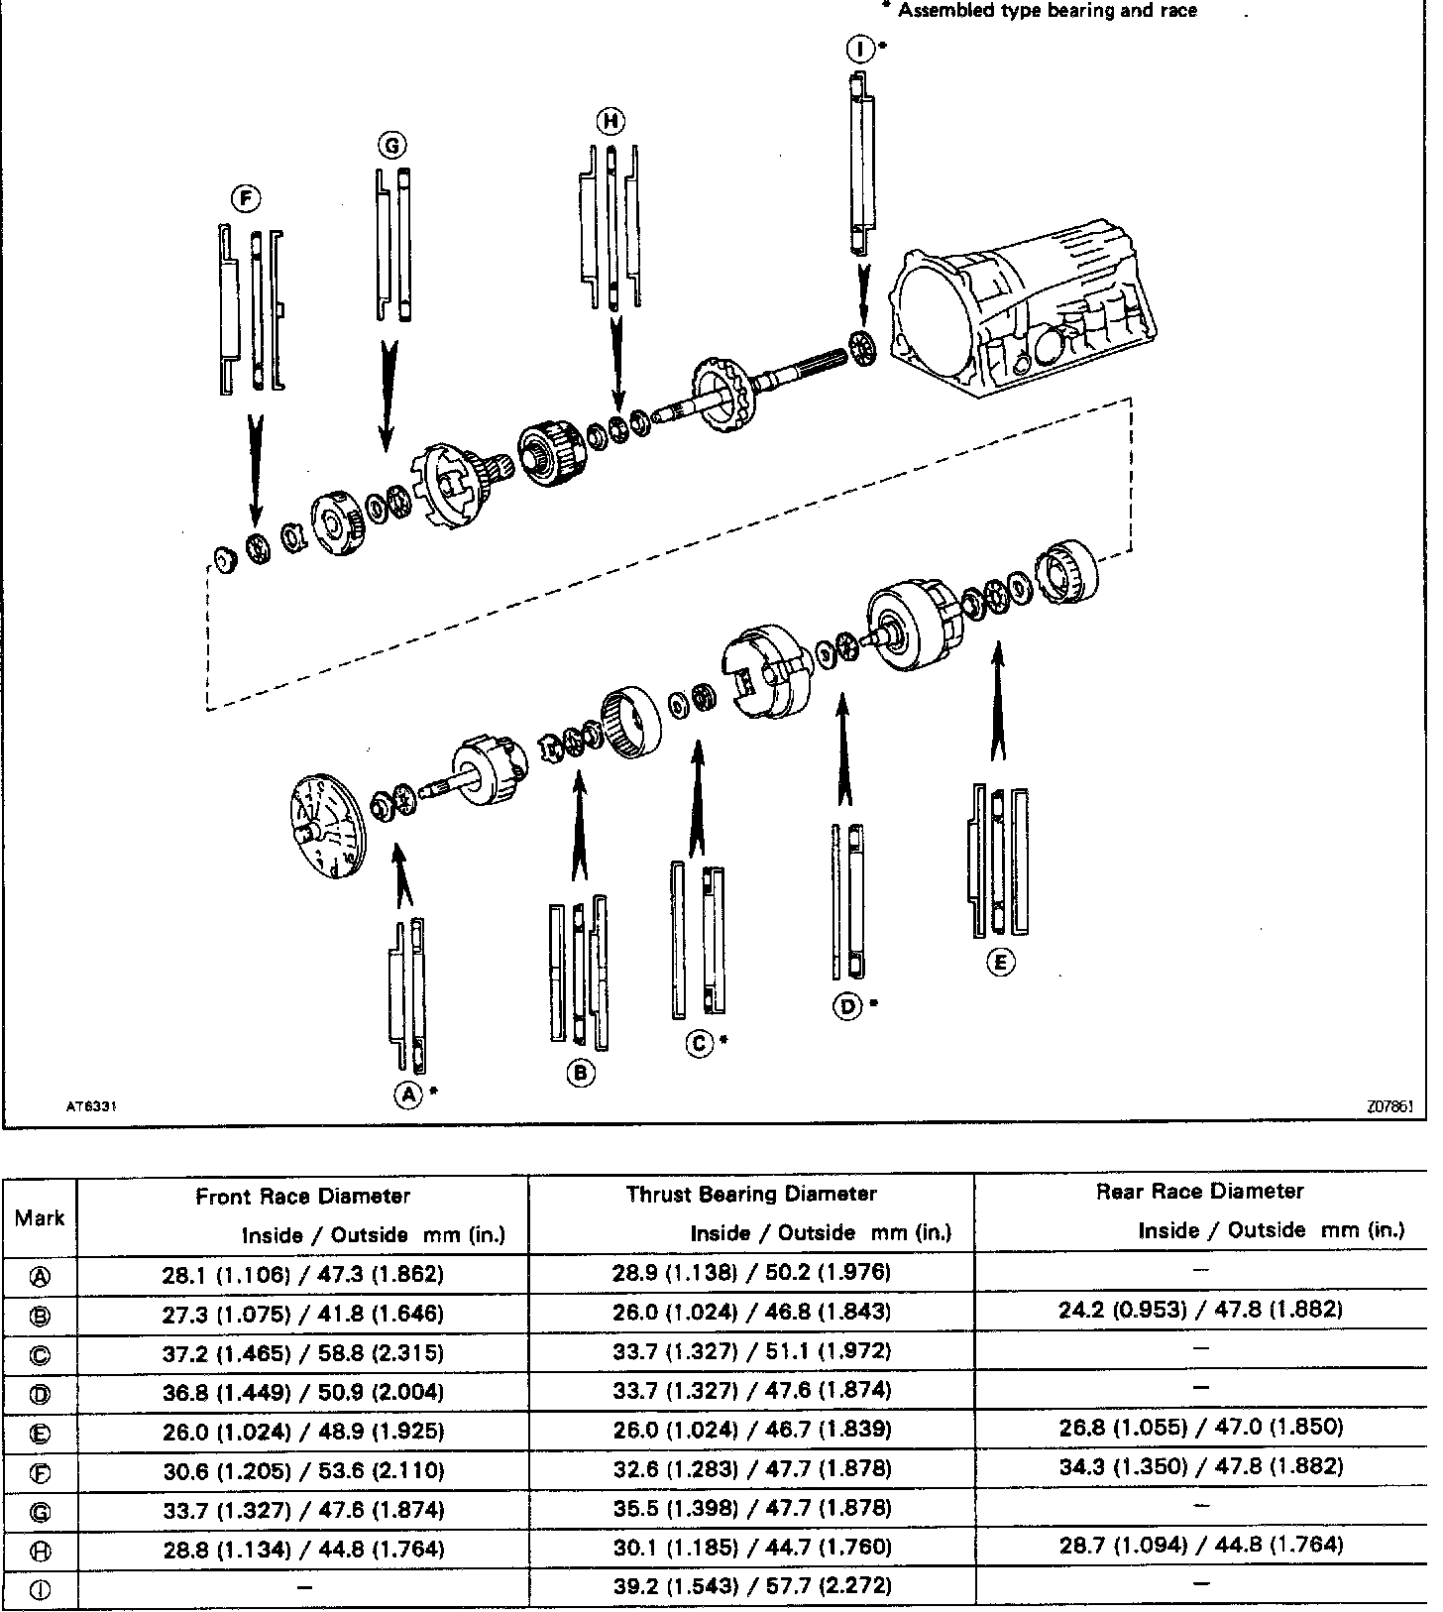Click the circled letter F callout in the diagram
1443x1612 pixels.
click(245, 199)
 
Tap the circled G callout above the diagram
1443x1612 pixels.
click(392, 146)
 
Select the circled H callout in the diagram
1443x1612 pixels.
click(610, 121)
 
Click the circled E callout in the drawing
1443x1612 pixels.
click(1001, 962)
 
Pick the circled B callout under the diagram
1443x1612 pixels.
click(581, 1073)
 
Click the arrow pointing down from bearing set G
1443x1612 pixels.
click(388, 397)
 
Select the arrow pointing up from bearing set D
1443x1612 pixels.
click(842, 753)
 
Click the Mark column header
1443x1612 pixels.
click(40, 1217)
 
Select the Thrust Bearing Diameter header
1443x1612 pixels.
click(751, 1194)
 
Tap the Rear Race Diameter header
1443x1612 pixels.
click(1199, 1192)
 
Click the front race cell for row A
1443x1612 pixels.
click(302, 1273)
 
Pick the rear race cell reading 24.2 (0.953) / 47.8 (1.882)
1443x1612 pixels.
click(1199, 1310)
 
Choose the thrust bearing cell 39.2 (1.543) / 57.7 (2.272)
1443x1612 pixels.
click(751, 1585)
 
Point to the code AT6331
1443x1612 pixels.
click(91, 1107)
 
